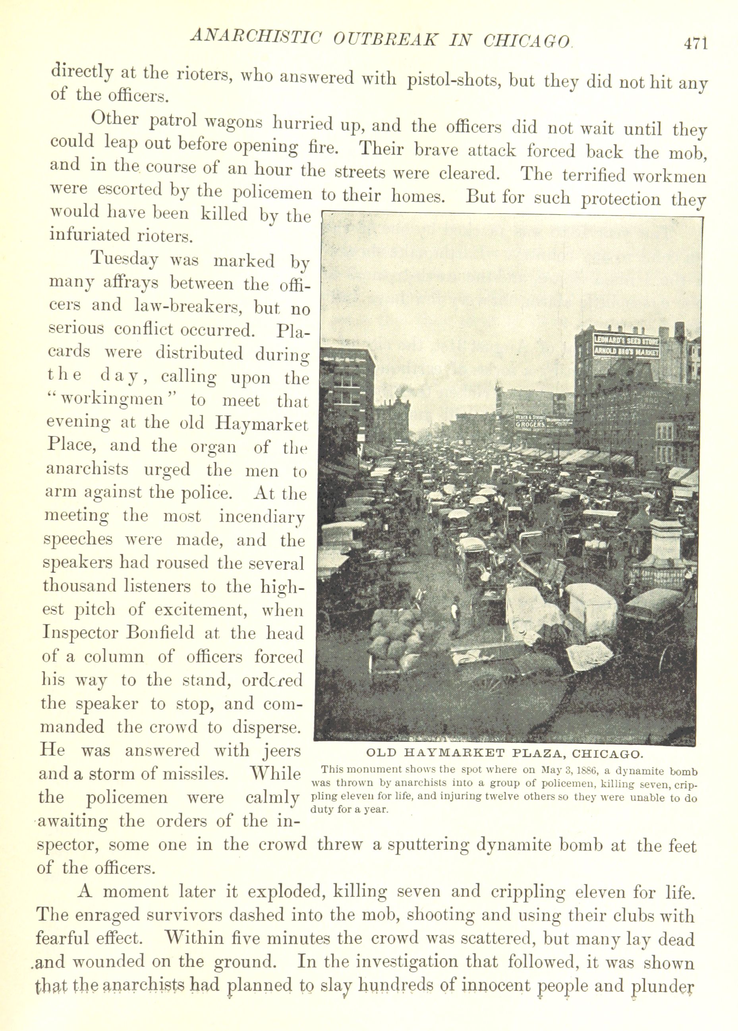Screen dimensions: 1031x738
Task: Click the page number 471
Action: point(695,43)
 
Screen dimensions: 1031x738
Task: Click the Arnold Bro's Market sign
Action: point(627,351)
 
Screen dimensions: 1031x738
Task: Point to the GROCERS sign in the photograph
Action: point(529,424)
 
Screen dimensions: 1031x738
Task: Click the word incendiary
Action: point(261,517)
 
